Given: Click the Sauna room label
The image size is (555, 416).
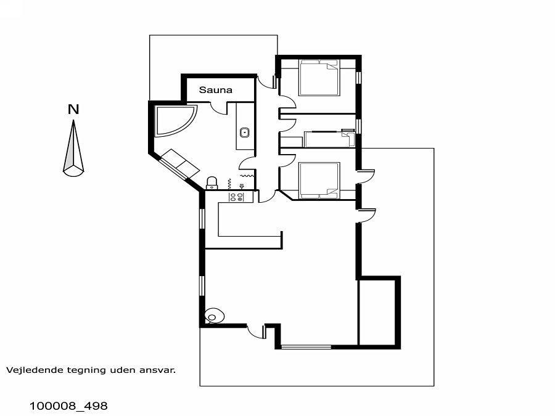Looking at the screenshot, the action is (x=216, y=90).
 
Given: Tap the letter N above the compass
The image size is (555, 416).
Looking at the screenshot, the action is (x=73, y=109).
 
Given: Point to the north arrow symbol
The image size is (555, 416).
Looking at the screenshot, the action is (x=73, y=148).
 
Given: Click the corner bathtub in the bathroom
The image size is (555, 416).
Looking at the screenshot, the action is (x=173, y=120).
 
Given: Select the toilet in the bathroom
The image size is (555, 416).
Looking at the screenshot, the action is (x=212, y=182).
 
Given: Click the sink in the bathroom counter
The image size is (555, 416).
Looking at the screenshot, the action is (x=244, y=133).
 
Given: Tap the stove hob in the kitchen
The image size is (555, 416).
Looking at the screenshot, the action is (x=236, y=197).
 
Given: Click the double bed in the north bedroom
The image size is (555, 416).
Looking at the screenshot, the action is (x=319, y=78).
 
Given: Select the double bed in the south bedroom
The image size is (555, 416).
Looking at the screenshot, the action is (x=319, y=181).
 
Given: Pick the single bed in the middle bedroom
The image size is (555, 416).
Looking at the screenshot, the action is (x=329, y=139).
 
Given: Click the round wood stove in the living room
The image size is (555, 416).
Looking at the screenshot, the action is (x=214, y=316).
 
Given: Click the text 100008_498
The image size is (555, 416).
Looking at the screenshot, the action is (x=68, y=406).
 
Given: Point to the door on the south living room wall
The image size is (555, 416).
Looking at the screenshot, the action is (x=257, y=332).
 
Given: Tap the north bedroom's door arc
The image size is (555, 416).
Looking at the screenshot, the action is (x=287, y=102).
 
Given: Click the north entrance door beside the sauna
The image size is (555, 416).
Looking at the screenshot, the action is (x=266, y=82).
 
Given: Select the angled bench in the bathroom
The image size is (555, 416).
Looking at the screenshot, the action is (x=180, y=163).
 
